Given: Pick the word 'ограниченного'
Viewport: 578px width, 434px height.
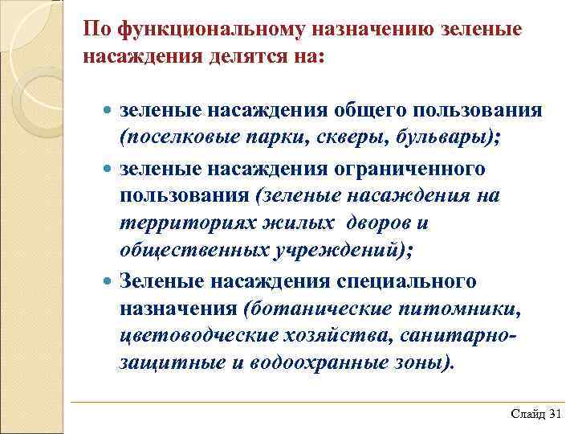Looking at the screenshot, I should [417, 170].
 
